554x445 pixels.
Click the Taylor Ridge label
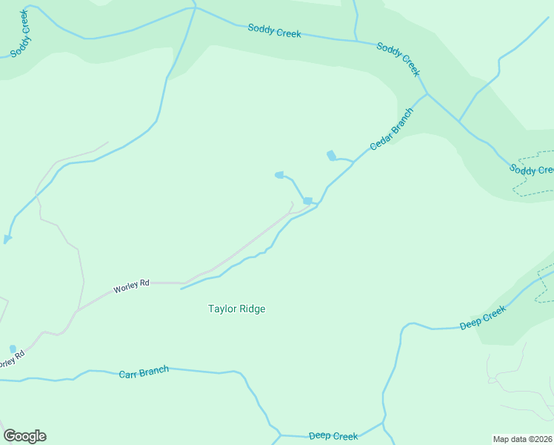click(236, 309)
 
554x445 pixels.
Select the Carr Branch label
click(144, 372)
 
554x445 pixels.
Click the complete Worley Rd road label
click(131, 285)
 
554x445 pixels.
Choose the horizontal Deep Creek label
click(333, 436)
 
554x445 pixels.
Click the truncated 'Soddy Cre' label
click(532, 169)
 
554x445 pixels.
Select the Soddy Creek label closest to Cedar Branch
click(398, 59)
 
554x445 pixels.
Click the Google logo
click(24, 436)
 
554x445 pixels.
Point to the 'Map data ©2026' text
click(522, 438)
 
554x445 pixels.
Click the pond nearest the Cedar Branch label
click(331, 155)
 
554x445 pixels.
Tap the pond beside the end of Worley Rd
click(307, 201)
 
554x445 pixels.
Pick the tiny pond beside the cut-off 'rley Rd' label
click(13, 349)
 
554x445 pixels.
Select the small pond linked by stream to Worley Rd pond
click(279, 175)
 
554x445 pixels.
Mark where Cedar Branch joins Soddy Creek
click(427, 93)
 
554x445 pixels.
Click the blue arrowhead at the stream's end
click(7, 239)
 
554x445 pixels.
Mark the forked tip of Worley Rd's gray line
click(292, 203)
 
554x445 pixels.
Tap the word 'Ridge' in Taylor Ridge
click(252, 309)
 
